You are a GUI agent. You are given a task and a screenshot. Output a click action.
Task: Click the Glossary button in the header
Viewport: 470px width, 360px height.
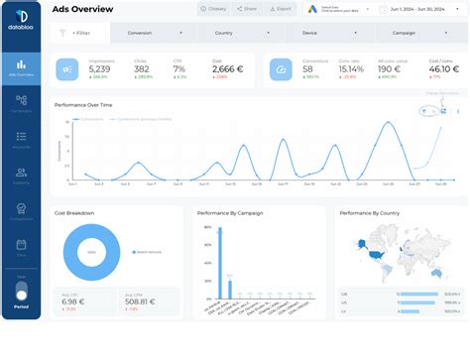[x=211, y=9]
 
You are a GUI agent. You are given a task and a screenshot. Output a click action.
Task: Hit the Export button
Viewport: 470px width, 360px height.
[x=281, y=9]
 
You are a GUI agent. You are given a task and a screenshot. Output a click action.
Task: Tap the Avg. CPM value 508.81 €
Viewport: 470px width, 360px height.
[x=139, y=302]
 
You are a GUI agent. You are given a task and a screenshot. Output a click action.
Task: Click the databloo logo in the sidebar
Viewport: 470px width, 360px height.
[x=21, y=21]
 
